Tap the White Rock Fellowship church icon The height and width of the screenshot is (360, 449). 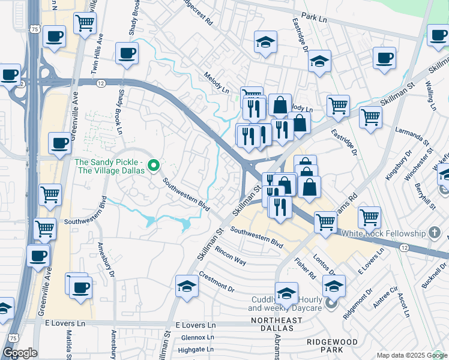coord(435,232)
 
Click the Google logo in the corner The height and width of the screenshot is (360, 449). coord(20,353)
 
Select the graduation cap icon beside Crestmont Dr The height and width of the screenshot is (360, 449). coord(187,286)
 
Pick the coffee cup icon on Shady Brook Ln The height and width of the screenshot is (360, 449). coord(127,53)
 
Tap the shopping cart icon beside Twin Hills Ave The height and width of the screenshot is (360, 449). coord(85,23)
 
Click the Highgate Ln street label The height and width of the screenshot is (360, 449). coord(193,349)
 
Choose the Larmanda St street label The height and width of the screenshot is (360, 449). coord(411,136)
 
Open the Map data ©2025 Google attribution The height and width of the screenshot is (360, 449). coord(412,355)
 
